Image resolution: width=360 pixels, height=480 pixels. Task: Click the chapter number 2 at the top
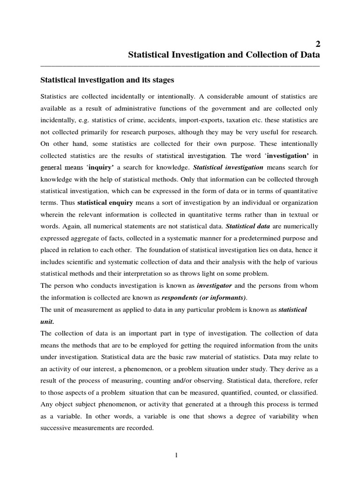[317, 44]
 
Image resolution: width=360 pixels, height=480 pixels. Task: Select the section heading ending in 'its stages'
[107, 80]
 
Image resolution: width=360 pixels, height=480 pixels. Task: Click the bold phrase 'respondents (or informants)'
[203, 297]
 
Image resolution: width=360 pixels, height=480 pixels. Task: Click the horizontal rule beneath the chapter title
[180, 66]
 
